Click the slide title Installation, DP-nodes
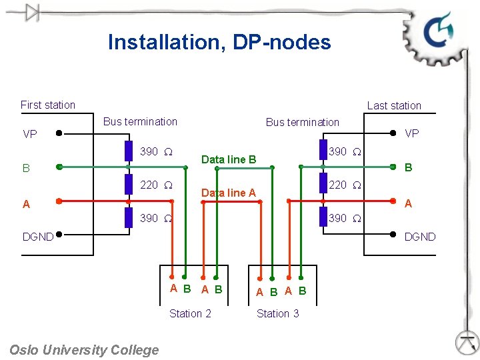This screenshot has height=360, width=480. (219, 42)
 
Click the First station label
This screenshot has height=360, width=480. (48, 105)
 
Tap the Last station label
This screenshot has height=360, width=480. (394, 105)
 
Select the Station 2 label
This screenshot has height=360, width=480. (190, 313)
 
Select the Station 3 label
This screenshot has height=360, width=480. (278, 313)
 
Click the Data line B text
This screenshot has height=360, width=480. (229, 159)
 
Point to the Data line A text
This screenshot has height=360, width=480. (229, 193)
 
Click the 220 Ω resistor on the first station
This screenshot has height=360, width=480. (129, 184)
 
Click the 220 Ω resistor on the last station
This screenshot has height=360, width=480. (323, 183)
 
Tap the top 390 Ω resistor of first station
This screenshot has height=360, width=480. (129, 151)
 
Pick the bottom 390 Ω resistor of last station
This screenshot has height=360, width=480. (323, 217)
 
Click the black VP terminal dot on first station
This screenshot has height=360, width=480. (59, 133)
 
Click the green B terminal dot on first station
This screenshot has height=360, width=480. (59, 167)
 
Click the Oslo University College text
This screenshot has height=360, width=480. (85, 350)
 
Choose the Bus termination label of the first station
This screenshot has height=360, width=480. (140, 121)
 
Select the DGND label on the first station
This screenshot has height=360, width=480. (38, 236)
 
